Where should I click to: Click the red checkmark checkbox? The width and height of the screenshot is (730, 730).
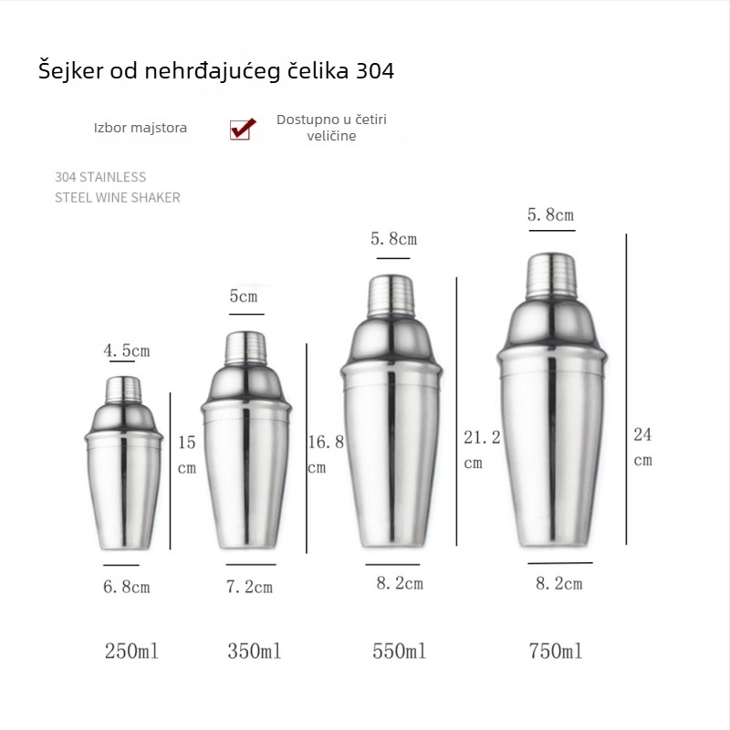tap(242, 129)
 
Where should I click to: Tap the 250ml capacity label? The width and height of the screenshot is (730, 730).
tap(132, 652)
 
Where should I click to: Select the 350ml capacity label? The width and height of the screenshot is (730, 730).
tap(254, 652)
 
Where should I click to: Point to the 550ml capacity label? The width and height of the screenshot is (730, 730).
tap(399, 652)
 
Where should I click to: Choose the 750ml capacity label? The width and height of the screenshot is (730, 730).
tap(555, 652)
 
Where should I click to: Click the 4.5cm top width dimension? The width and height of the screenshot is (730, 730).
tap(126, 350)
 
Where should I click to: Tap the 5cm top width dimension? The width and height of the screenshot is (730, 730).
tap(243, 297)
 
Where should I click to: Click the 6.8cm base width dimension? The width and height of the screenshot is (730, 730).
tap(126, 587)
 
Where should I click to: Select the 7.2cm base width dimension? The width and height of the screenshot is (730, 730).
tap(249, 587)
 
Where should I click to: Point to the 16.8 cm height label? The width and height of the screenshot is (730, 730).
tap(326, 454)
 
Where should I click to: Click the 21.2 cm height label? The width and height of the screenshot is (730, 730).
tap(482, 449)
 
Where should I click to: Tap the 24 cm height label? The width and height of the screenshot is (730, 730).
tap(643, 446)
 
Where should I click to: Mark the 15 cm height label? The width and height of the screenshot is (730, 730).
tap(187, 454)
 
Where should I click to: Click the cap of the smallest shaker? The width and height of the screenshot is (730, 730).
tap(122, 391)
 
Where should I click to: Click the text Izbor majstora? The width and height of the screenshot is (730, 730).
tap(141, 128)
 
